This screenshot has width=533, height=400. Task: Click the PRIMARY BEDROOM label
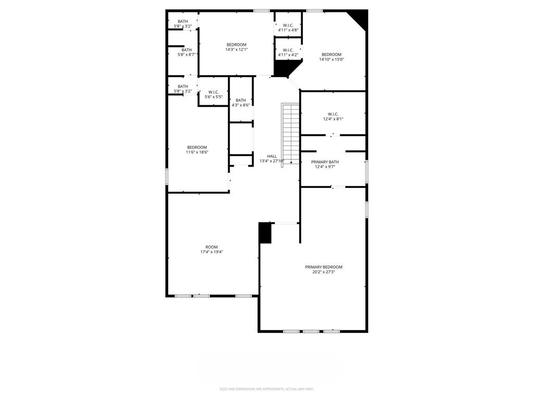coord(323,267)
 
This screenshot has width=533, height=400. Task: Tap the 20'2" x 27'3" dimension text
coord(323,272)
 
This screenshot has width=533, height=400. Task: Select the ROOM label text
coord(211,247)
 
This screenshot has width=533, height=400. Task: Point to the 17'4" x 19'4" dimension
coord(211,252)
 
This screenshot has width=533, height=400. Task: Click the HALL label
coord(272,156)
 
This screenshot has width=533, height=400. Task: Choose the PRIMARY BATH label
coord(325,162)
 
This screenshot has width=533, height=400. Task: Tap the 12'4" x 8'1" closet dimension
coord(333,119)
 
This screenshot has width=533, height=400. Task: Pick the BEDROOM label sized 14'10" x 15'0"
coord(331,55)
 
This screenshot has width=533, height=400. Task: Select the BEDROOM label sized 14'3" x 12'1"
coord(236,45)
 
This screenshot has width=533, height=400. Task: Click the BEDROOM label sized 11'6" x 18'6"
coord(197,147)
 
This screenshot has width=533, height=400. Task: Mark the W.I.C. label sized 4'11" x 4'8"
coord(288,25)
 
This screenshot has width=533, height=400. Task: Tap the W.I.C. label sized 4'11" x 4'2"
coord(288,50)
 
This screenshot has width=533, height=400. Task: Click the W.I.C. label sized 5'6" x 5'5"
coord(213,92)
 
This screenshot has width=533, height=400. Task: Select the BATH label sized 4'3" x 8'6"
coord(240,100)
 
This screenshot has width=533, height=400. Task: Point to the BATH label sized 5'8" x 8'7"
coord(186,50)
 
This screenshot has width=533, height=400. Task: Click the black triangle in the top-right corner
coord(361,17)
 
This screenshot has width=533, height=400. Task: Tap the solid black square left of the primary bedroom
coord(265,233)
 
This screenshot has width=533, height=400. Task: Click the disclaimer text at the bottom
coord(266,389)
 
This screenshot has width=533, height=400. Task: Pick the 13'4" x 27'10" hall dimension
coord(272,161)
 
